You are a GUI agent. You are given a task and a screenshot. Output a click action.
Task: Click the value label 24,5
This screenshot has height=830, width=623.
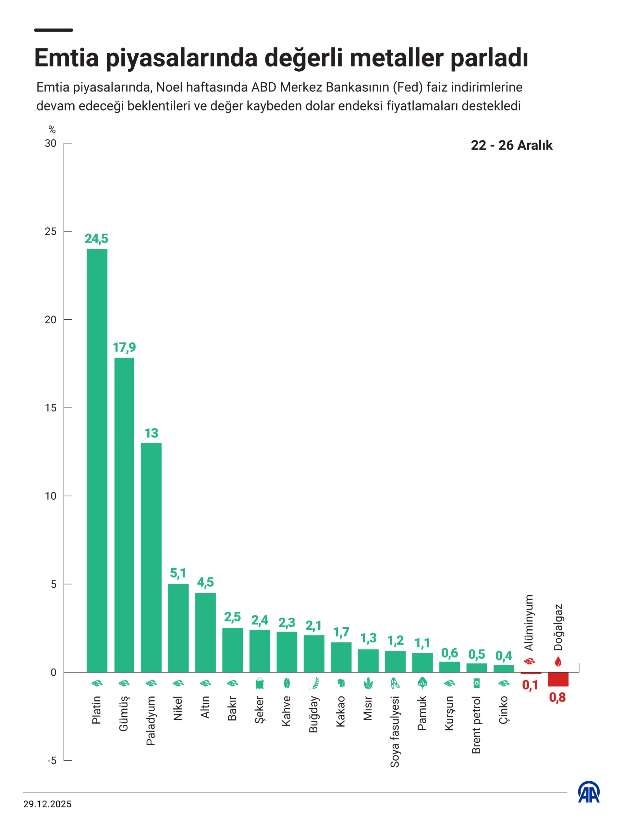[x=96, y=239]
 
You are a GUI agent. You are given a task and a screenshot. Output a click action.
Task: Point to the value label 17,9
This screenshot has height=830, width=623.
[x=124, y=348]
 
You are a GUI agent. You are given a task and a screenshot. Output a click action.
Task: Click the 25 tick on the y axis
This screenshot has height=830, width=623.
[x=51, y=231]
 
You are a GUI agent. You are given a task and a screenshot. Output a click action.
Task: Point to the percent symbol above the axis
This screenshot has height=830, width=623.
[x=52, y=130]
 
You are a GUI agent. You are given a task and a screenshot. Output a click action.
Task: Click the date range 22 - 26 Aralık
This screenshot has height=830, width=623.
[x=511, y=145]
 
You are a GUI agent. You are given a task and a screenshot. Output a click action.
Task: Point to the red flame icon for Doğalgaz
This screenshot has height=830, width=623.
[x=558, y=661]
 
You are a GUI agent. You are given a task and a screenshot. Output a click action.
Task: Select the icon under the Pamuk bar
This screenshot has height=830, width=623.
[x=422, y=683]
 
